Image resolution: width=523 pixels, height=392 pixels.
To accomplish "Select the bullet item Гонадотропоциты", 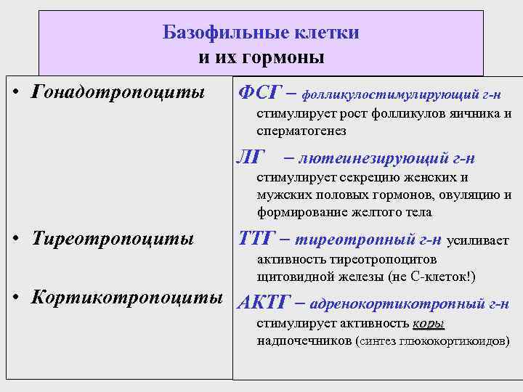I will tap(114, 93).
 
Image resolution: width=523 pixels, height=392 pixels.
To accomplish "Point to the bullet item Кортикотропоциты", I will tap(123, 298).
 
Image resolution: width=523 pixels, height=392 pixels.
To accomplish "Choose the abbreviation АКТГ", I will tap(264, 303).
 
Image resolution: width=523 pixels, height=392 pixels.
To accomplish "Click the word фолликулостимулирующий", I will tap(390, 94).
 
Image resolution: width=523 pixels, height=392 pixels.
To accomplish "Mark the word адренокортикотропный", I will tap(400, 304).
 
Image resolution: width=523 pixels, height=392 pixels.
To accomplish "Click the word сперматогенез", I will tap(301, 131).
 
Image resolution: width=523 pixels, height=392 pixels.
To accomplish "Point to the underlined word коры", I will tap(428, 324).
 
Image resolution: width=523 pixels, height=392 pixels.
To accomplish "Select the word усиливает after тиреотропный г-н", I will tap(477, 240).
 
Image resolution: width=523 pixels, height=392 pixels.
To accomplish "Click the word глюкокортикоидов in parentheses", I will tap(454, 340).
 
